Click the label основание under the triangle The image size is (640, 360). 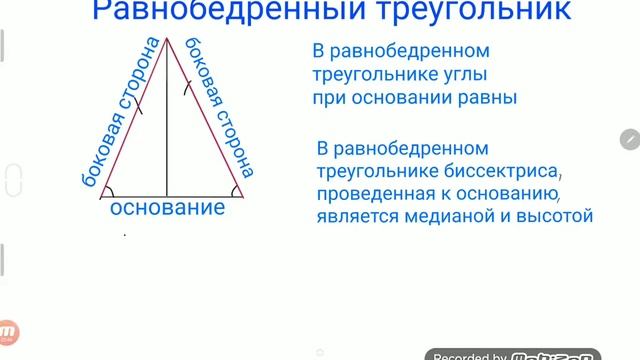tap(167, 209)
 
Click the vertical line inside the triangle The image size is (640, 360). tap(168, 120)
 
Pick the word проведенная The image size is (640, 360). tap(361, 192)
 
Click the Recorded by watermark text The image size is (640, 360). tap(468, 354)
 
